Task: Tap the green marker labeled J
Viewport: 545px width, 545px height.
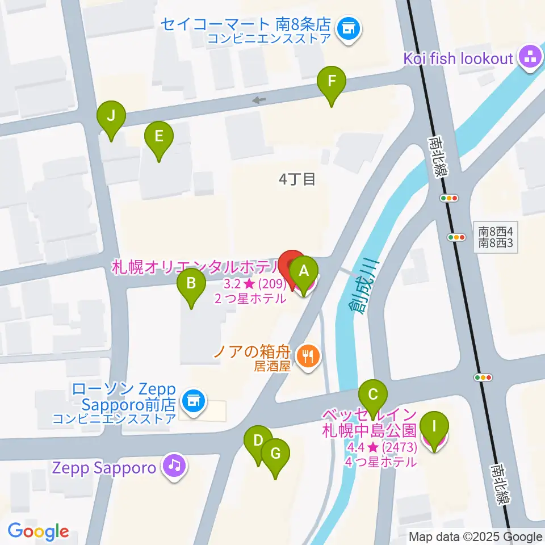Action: [111, 117]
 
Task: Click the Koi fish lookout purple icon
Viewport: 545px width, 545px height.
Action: [531, 57]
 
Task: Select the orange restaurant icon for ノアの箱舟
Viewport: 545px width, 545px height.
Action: [309, 356]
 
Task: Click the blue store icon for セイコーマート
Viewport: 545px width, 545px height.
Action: [348, 29]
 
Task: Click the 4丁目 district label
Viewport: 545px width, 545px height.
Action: [296, 179]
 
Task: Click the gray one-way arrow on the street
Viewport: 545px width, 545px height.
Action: [259, 100]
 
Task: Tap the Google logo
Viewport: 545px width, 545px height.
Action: [39, 532]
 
